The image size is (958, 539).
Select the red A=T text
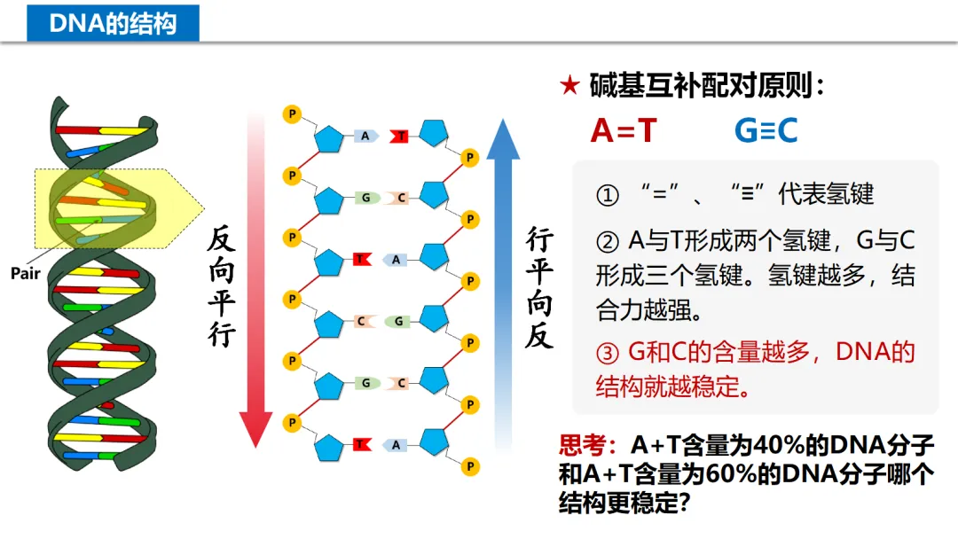pyautogui.click(x=623, y=130)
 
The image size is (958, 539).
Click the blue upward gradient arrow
pyautogui.click(x=503, y=275)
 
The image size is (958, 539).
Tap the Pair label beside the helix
pyautogui.click(x=26, y=274)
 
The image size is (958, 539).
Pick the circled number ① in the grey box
pyautogui.click(x=608, y=194)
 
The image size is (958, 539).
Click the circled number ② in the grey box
pyautogui.click(x=608, y=240)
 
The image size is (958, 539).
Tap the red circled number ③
pyautogui.click(x=608, y=353)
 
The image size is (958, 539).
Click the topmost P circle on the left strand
pyautogui.click(x=290, y=113)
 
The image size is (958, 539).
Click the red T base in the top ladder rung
pyautogui.click(x=401, y=136)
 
